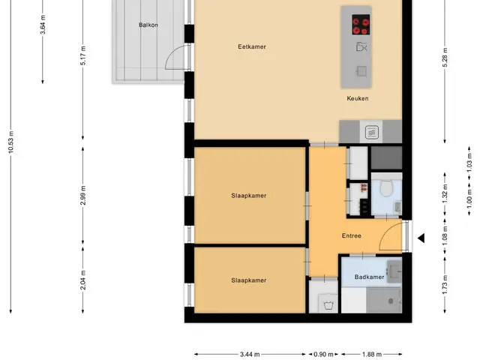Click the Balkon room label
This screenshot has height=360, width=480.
pos(148,25)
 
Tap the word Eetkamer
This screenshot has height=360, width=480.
pos(252,46)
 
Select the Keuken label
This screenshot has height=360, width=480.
pos(358,98)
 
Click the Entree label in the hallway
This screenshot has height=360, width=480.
pos(352,235)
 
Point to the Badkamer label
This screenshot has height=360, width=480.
pos(369,277)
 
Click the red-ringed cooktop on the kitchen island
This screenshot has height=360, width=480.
pos(361,25)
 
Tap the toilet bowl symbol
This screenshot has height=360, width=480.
pos(386,187)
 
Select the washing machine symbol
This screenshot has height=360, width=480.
pos(328,304)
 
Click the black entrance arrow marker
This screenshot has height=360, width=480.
pos(421,238)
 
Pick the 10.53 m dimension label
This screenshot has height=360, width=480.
pos(11,142)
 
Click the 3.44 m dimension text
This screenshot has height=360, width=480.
pos(250,355)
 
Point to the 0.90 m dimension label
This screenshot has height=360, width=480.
pos(323,355)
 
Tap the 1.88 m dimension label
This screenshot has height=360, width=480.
pos(372,355)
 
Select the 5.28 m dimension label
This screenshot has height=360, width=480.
pos(445,58)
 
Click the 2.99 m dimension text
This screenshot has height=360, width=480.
pos(83,195)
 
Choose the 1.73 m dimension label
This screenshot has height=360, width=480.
pos(445,285)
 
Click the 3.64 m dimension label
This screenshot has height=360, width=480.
pos(43,25)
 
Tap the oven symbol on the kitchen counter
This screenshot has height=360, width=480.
pos(371,133)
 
